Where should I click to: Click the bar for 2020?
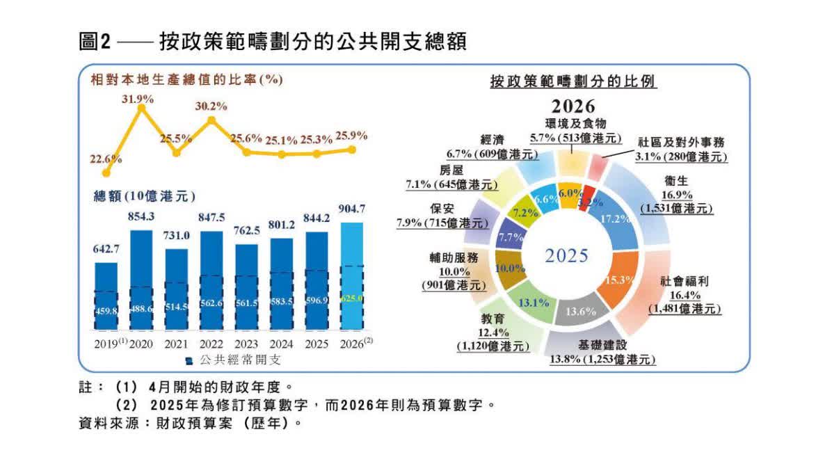pyautogui.click(x=141, y=278)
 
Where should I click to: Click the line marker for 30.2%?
pyautogui.click(x=211, y=120)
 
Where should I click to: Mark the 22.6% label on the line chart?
pyautogui.click(x=106, y=159)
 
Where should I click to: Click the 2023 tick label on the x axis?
pyautogui.click(x=247, y=344)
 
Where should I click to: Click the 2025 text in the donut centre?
pyautogui.click(x=566, y=255)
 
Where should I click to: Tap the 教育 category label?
pyautogui.click(x=492, y=319)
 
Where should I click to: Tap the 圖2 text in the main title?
pyautogui.click(x=95, y=42)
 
